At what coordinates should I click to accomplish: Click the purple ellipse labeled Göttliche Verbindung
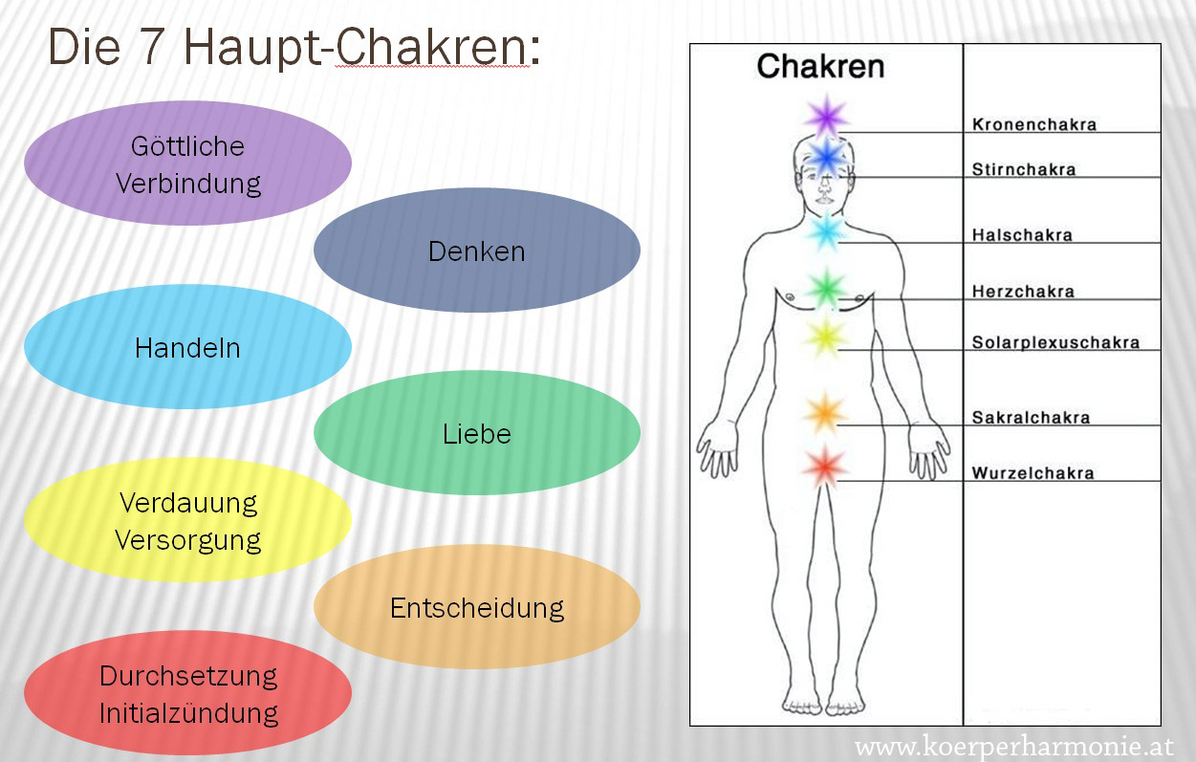(188, 163)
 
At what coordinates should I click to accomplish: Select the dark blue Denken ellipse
(477, 250)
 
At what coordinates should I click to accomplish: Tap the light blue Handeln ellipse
(188, 347)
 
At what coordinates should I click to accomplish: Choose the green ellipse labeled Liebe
(477, 433)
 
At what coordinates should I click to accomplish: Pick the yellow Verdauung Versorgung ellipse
(188, 520)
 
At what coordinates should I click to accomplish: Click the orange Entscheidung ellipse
(477, 607)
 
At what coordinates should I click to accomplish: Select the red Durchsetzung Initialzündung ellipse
(188, 694)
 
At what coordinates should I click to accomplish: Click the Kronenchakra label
(1034, 124)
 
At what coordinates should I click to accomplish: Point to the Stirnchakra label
(1024, 169)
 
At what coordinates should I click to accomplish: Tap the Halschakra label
(1022, 235)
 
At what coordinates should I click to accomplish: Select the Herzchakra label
(1023, 292)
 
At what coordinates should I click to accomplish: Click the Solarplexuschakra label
(1055, 342)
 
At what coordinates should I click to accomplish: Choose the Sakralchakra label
(1031, 418)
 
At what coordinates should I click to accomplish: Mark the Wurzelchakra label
(1033, 473)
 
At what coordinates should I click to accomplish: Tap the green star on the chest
(826, 289)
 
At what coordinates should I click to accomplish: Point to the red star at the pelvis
(825, 467)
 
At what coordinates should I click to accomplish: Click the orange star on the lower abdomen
(825, 413)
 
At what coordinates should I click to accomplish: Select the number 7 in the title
(152, 48)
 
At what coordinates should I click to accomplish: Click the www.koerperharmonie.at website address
(1014, 746)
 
